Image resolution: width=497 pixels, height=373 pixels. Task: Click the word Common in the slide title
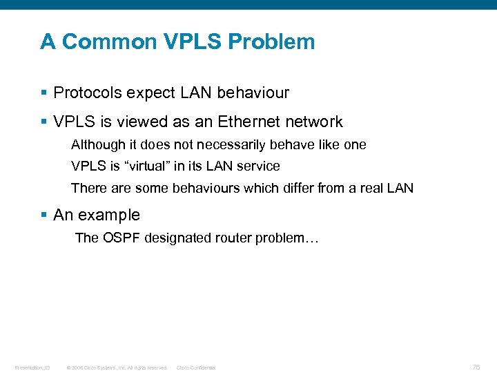(x=110, y=42)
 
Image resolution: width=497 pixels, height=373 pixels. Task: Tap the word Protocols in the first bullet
(x=85, y=93)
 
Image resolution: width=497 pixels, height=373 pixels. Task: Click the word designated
(x=175, y=238)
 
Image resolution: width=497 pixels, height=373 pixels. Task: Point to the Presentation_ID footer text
(x=32, y=367)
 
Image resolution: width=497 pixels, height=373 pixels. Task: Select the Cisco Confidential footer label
(x=196, y=367)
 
